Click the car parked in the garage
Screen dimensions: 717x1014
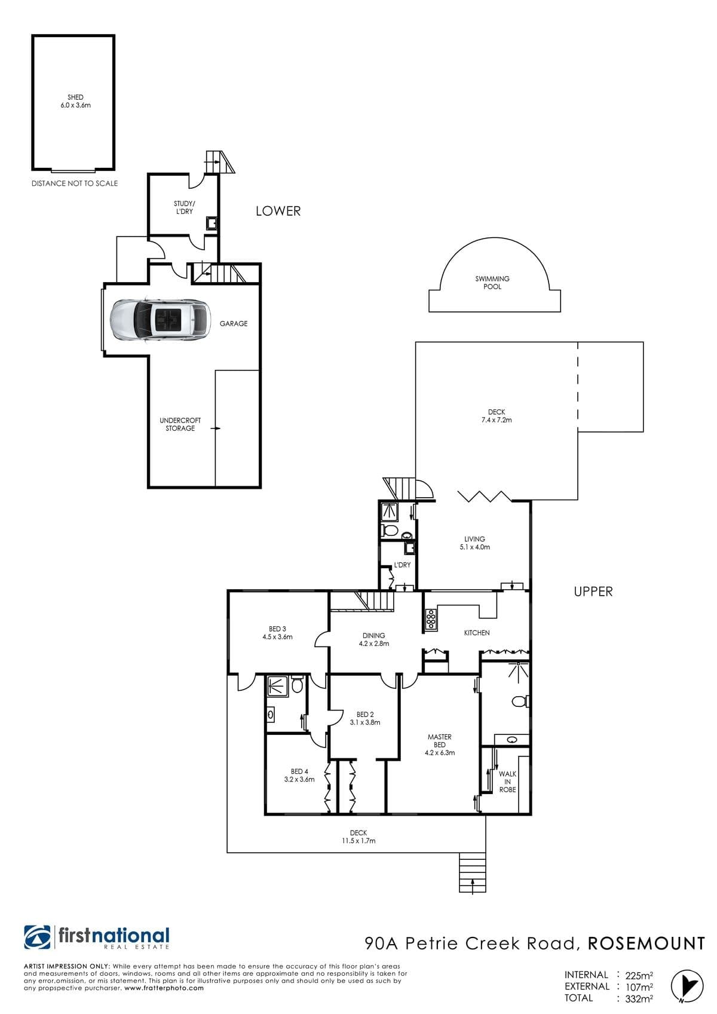coord(161,320)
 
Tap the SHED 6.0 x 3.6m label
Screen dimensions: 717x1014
coord(76,101)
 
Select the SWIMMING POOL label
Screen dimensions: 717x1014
coord(492,283)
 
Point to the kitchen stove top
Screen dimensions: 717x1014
coord(430,620)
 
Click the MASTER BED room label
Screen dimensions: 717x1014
coord(440,745)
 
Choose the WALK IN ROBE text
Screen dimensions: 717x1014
coord(507,782)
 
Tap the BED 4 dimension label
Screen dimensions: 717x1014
coord(299,779)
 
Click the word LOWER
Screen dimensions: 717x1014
coord(278,211)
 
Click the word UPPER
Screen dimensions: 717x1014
coord(593,592)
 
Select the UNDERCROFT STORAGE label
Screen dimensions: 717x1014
coord(180,424)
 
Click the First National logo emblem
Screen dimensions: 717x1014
coord(38,936)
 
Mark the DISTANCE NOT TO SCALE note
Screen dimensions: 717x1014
coord(75,183)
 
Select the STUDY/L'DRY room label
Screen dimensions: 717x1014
coord(184,207)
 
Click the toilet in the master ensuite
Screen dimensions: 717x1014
coord(520,701)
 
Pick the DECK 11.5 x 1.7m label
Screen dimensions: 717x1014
coord(358,837)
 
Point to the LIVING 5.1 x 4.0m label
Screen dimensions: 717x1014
coord(474,543)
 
